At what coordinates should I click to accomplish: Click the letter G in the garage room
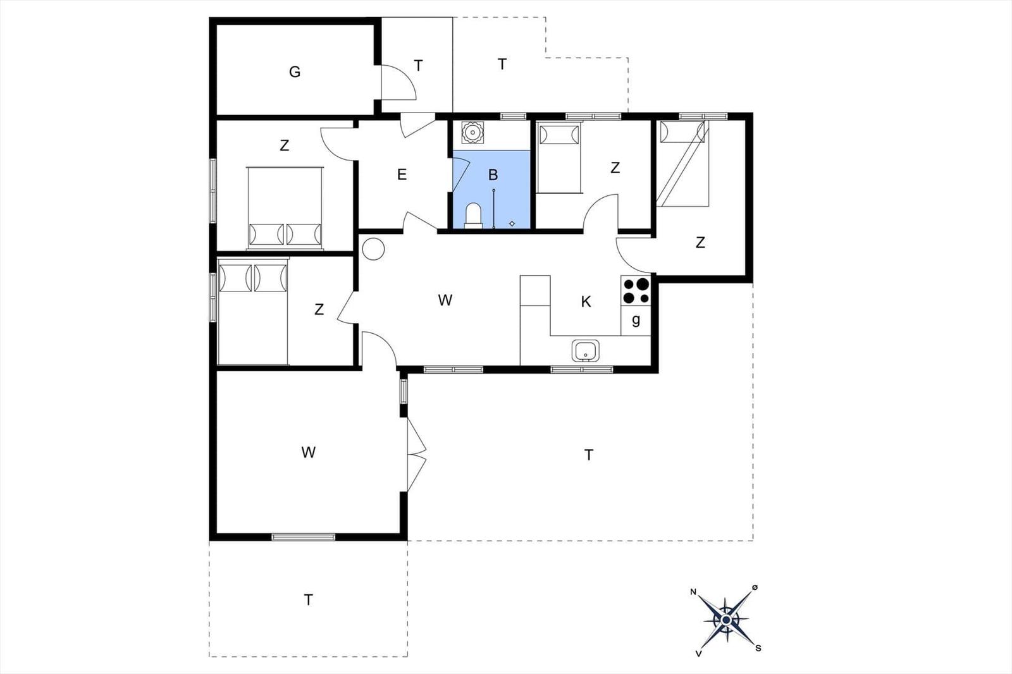pos(295,72)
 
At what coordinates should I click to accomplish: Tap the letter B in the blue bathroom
pos(493,175)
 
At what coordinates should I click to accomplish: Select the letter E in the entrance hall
pos(402,175)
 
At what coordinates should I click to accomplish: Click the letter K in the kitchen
pos(586,302)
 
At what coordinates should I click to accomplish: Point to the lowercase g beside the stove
pos(636,321)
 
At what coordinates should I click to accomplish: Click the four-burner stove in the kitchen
pos(636,290)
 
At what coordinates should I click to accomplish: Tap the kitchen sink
pos(586,350)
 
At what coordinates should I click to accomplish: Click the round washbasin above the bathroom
pos(472,132)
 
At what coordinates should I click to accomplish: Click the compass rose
pos(725,620)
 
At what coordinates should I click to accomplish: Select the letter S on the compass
pos(758,648)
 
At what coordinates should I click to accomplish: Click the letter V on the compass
pos(698,654)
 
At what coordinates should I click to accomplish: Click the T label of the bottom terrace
pos(308,600)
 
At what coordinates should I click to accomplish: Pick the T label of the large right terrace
pos(588,455)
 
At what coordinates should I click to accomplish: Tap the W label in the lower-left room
pos(309,452)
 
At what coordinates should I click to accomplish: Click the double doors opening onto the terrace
pos(417,455)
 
